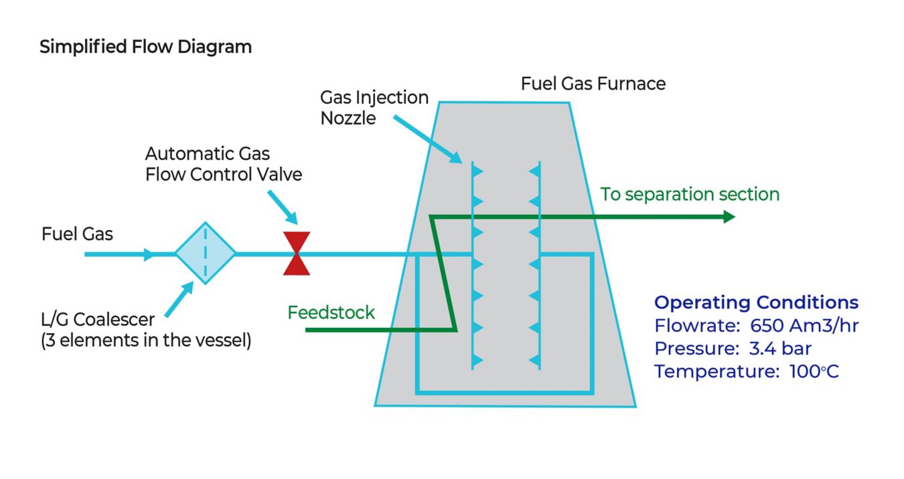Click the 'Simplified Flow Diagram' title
click(x=145, y=47)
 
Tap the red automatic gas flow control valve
click(x=296, y=254)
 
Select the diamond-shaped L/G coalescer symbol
click(x=205, y=254)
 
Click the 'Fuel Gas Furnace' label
click(x=593, y=84)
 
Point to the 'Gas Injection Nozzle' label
click(x=374, y=107)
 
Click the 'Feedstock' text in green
click(x=331, y=312)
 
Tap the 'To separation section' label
click(x=690, y=195)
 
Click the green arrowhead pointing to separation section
click(x=728, y=217)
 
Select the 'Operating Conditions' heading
click(x=756, y=302)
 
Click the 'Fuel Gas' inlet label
click(x=77, y=234)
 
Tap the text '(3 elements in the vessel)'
click(x=146, y=341)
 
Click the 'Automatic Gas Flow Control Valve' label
click(x=223, y=164)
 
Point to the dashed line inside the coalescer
click(x=205, y=254)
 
